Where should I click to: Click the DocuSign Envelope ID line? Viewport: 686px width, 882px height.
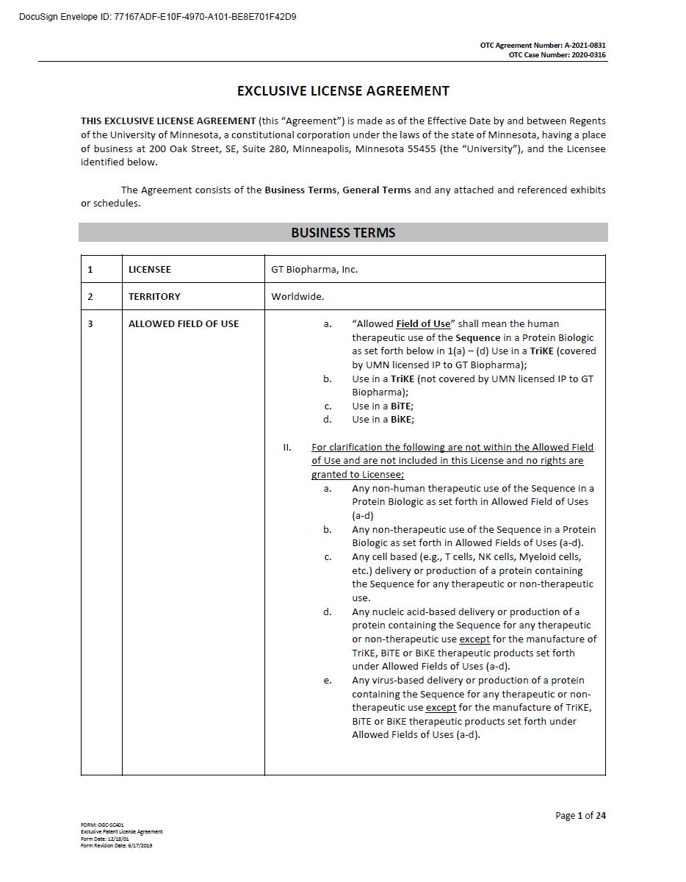(158, 17)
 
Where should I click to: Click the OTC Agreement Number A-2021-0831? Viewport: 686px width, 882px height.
(543, 46)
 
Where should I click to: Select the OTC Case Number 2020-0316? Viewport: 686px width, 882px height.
(557, 55)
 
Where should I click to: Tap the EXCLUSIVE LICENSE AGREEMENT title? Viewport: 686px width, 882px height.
(343, 91)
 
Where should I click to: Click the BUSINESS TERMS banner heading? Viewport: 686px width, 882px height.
(343, 233)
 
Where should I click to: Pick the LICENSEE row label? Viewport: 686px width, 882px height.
(150, 270)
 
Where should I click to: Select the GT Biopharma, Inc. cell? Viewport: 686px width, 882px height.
(314, 270)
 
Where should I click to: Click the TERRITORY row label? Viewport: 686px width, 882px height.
(154, 297)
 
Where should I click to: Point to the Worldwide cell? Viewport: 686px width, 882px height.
(297, 297)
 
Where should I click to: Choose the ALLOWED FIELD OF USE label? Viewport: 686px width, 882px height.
(184, 324)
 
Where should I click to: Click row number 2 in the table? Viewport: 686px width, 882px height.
(90, 297)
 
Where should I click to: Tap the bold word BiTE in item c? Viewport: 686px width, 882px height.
(401, 406)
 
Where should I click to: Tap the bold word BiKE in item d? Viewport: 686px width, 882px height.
(402, 420)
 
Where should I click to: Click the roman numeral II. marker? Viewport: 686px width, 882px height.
(287, 448)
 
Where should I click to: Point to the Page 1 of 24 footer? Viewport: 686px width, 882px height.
(580, 815)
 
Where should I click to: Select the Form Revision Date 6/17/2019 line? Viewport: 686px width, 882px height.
(117, 845)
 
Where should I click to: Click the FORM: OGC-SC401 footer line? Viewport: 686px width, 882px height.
(102, 825)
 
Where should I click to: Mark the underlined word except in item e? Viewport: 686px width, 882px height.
(441, 708)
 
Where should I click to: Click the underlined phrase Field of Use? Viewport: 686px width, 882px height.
(423, 324)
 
